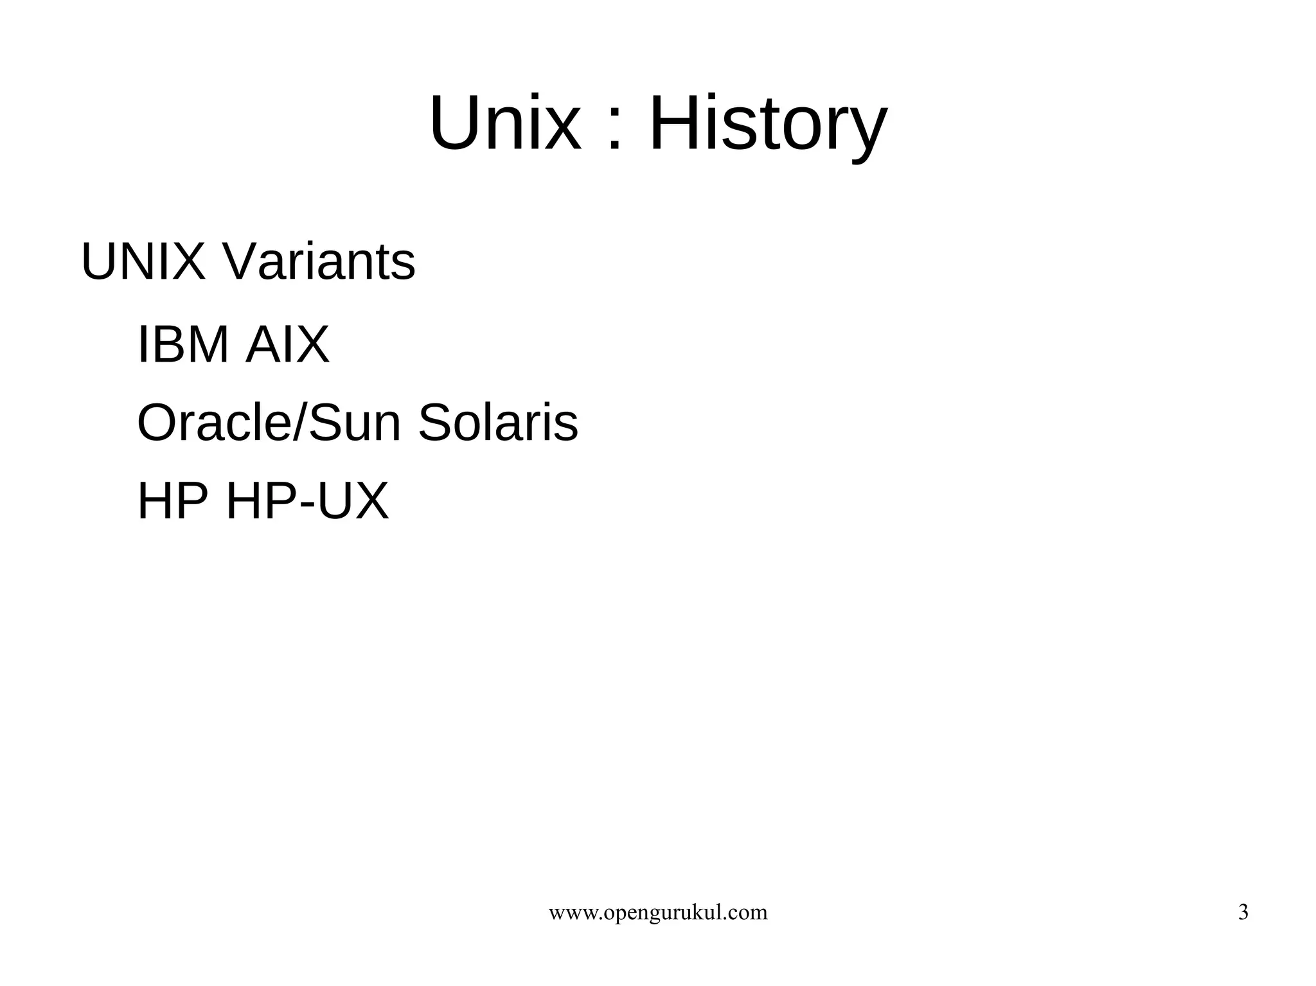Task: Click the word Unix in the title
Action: pos(504,123)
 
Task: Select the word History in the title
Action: pos(769,123)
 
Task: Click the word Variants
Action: pos(319,262)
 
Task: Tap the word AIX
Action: pos(287,345)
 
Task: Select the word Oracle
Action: pos(214,423)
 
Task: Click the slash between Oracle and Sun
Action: pos(300,423)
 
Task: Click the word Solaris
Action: pos(498,423)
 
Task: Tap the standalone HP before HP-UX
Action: pos(172,502)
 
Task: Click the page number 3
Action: pos(1243,913)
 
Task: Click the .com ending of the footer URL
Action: pos(749,913)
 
